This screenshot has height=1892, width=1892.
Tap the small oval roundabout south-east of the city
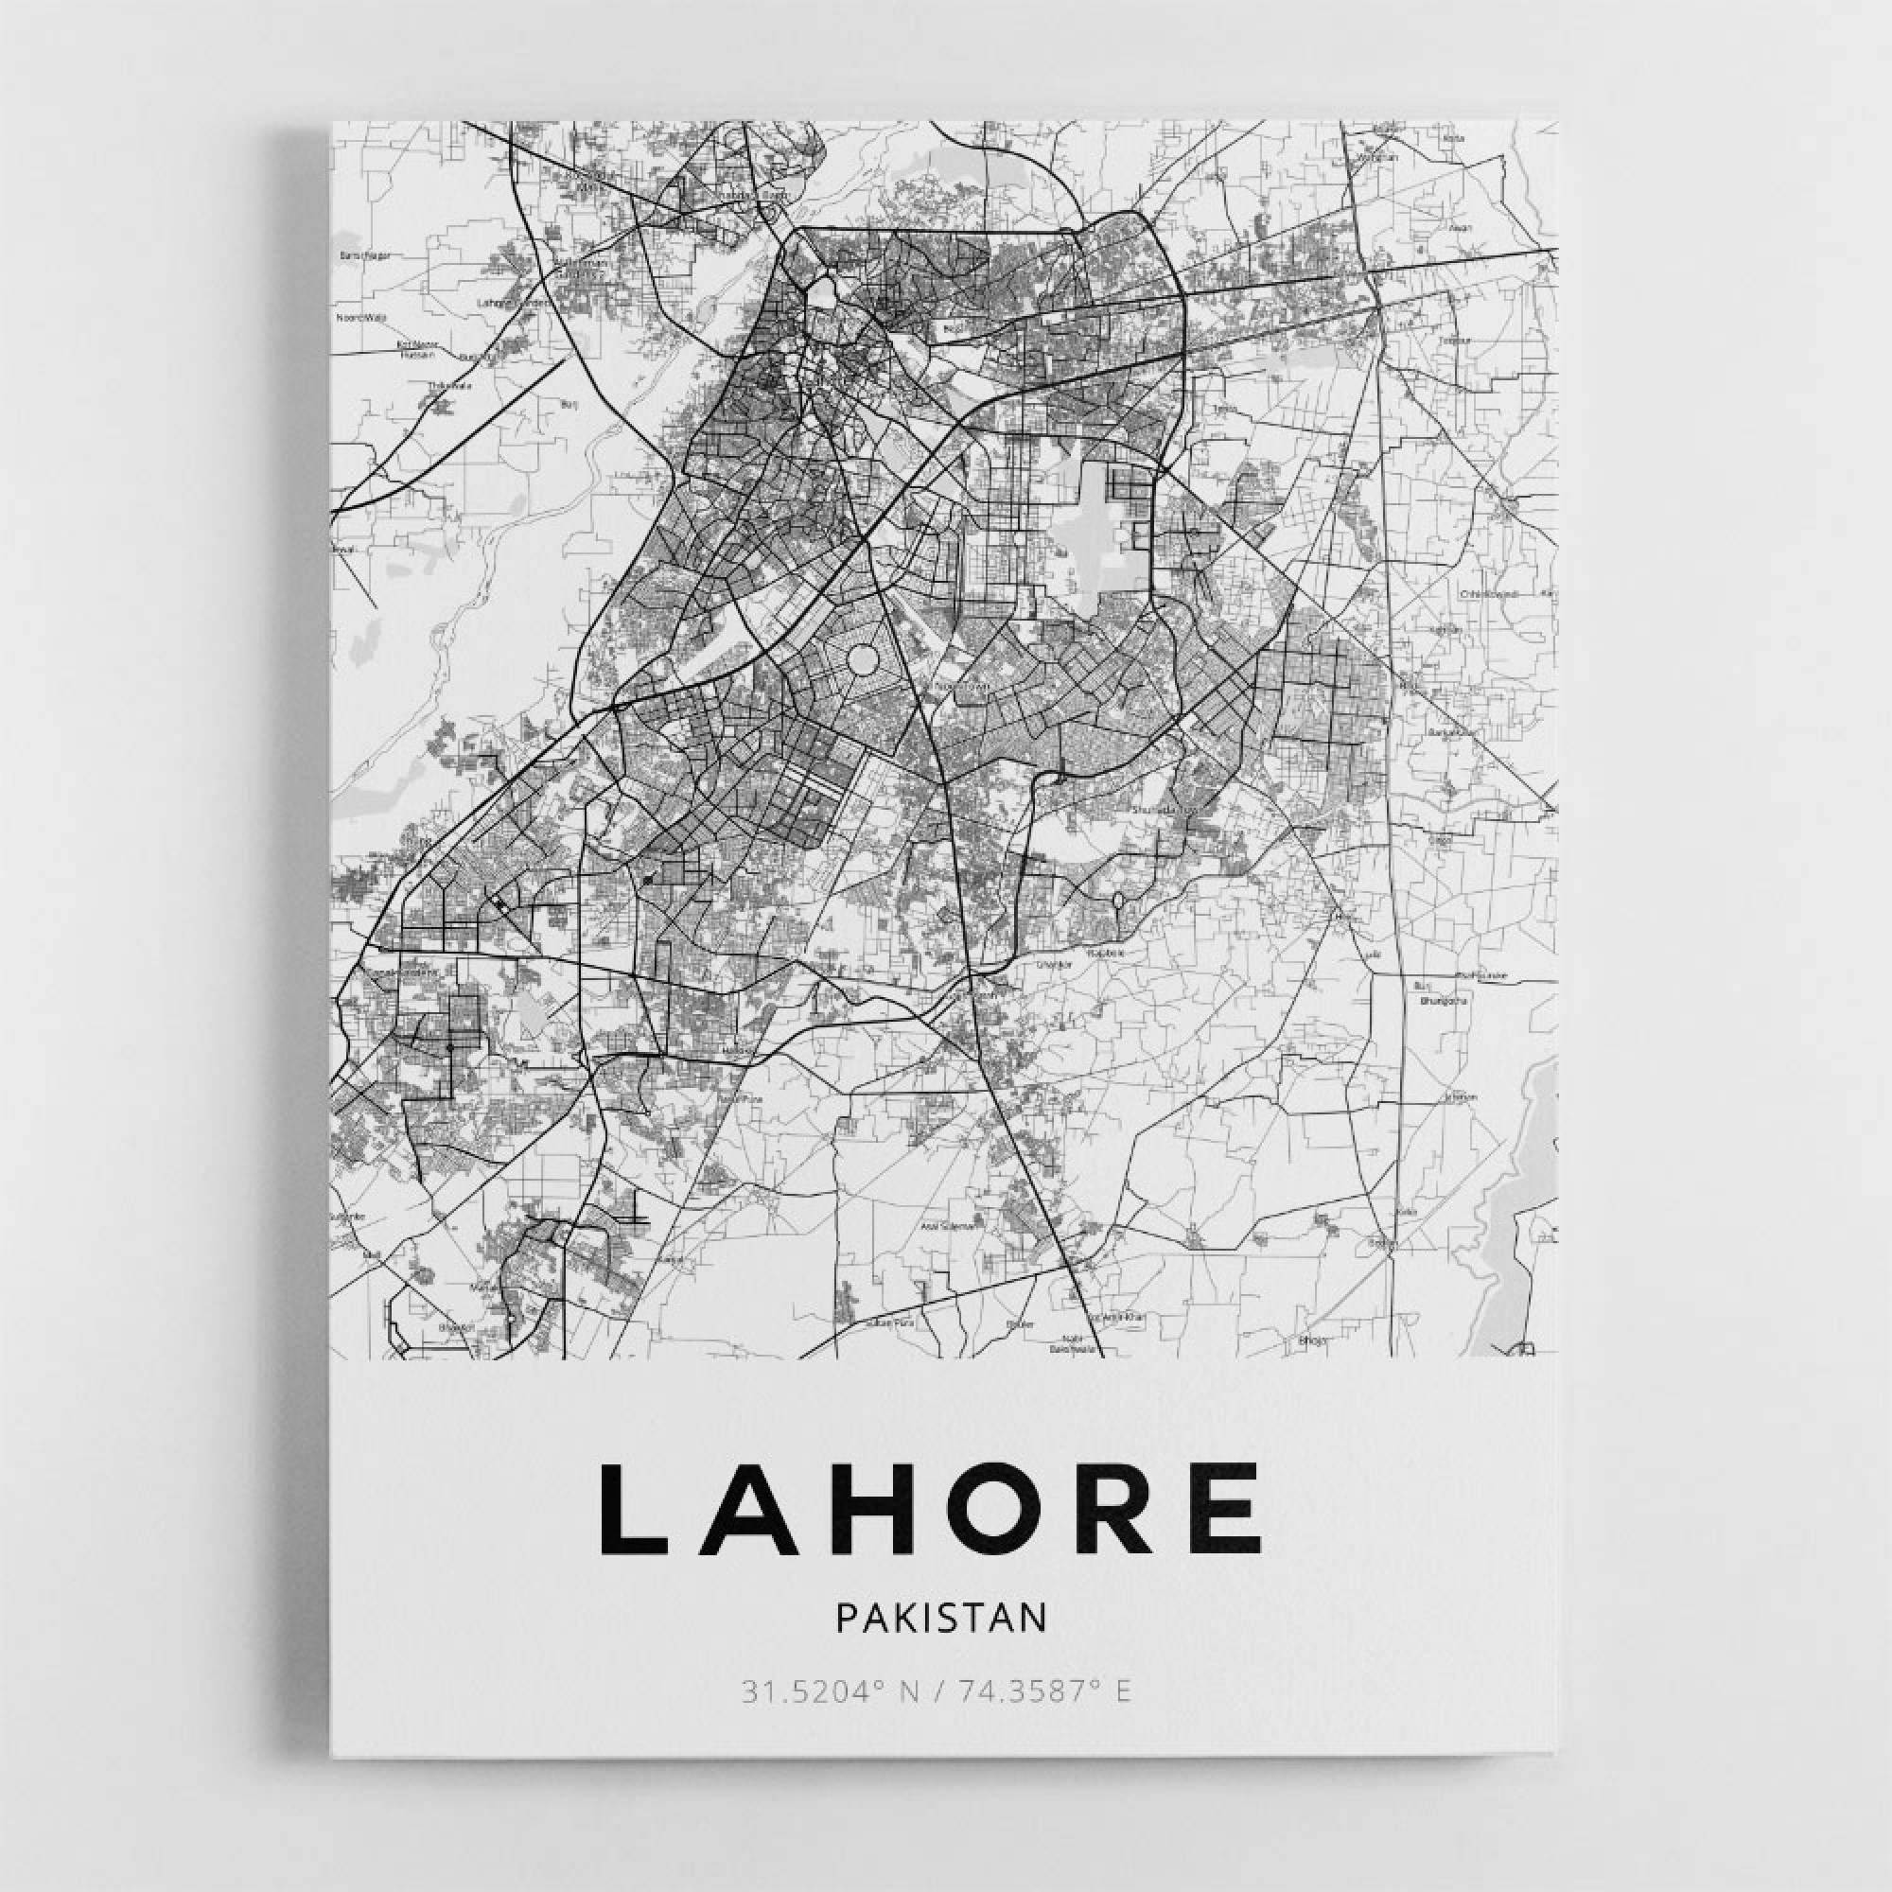click(x=1116, y=900)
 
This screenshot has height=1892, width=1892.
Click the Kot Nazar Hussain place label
click(x=415, y=349)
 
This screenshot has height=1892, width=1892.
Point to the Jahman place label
click(x=1459, y=1096)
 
